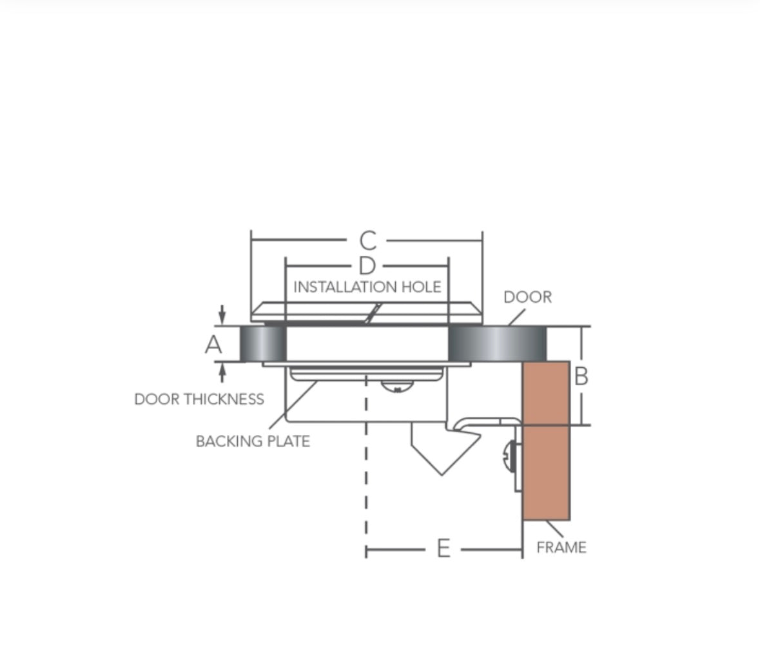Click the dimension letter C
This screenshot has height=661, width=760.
coord(367,241)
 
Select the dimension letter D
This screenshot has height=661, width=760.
coord(366,265)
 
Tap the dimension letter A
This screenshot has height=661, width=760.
coord(213,345)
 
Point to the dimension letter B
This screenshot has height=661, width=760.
coord(581,376)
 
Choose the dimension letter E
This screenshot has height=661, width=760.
coord(443,550)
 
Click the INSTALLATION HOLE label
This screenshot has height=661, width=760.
coord(367,287)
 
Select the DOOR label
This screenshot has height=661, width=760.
coord(527,297)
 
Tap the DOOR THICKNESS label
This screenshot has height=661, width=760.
coord(199,399)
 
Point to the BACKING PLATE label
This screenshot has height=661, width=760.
coord(253,441)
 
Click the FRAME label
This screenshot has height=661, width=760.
coord(561,548)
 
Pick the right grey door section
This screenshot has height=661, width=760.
coord(497,343)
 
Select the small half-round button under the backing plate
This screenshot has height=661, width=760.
coord(396,387)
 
